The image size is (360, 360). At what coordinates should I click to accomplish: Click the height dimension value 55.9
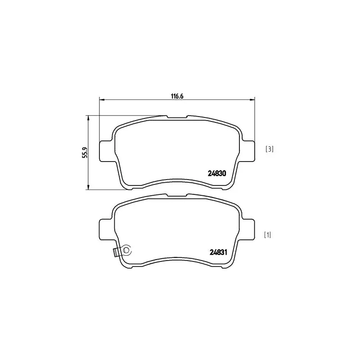[x=84, y=153]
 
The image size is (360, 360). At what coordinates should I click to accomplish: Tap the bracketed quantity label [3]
[x=269, y=149]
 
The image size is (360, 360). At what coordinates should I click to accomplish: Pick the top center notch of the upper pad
[x=177, y=117]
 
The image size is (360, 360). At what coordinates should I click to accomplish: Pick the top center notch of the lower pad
[x=177, y=196]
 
